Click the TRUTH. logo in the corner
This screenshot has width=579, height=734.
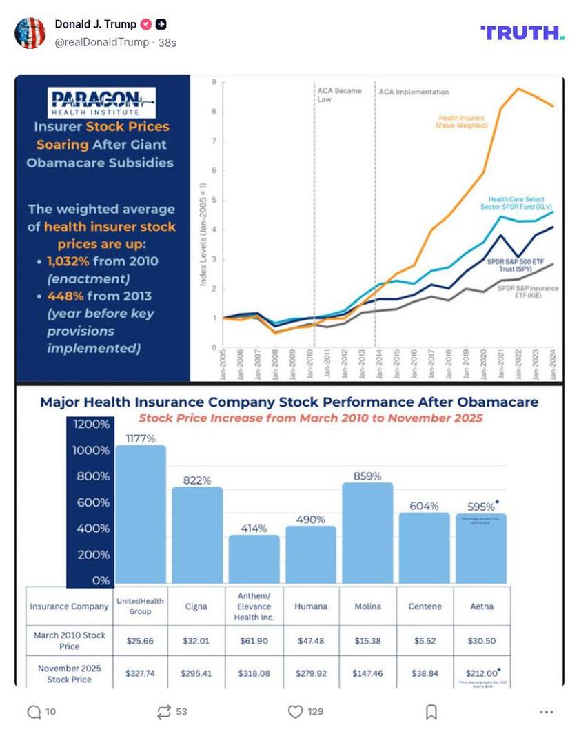point(522,32)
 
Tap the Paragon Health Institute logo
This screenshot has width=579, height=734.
point(101,102)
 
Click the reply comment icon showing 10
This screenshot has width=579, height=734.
point(34,712)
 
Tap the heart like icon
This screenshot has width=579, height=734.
point(295,712)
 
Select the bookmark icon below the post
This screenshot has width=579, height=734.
point(431,712)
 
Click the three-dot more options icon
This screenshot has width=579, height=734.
point(546,712)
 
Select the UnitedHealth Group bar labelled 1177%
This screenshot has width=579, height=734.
point(141,513)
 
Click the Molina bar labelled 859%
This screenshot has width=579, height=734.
point(367,532)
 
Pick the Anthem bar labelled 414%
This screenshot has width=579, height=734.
point(254,558)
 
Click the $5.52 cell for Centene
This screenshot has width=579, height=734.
point(425,641)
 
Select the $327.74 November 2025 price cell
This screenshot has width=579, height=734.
point(141,673)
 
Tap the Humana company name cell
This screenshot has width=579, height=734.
point(311,606)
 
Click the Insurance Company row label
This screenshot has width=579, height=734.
point(69,606)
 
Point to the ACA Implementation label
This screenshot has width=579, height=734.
point(414,92)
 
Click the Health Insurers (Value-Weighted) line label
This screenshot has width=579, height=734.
point(461,122)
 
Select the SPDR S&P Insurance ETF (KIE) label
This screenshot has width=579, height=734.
point(528,292)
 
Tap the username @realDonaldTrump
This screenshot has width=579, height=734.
point(102,42)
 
